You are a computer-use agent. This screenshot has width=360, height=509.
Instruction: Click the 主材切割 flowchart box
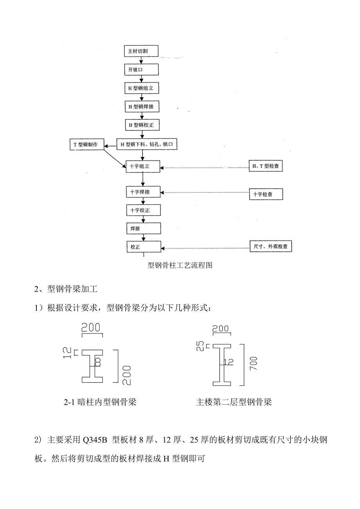141,51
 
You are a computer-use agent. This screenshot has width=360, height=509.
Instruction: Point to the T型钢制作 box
86,144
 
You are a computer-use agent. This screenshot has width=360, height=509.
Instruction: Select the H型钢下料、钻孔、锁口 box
147,144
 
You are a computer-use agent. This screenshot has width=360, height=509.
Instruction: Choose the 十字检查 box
266,194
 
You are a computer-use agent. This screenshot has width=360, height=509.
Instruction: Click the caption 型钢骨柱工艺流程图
180,265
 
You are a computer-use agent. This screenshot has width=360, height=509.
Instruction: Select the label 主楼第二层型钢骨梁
234,402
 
